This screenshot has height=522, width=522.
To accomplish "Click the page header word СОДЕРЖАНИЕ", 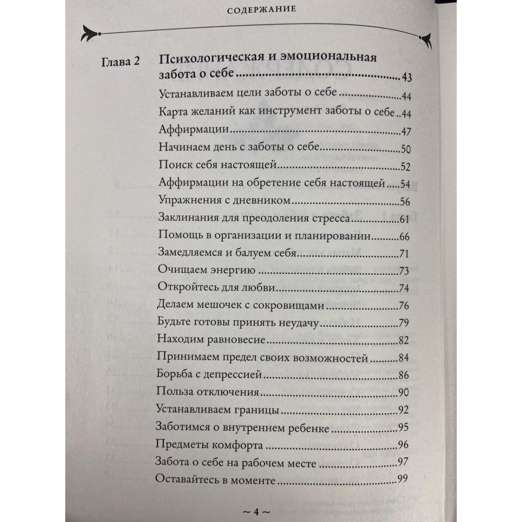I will point(261,9).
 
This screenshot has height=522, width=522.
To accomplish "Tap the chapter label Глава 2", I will point(121,62).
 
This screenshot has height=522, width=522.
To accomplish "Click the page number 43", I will point(407,78).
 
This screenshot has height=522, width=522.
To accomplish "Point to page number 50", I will point(405,149).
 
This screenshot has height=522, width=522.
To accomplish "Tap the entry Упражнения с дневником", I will point(224,201).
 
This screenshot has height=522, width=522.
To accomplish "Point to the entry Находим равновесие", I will point(211,340).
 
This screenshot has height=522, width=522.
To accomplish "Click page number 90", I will point(403,392).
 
